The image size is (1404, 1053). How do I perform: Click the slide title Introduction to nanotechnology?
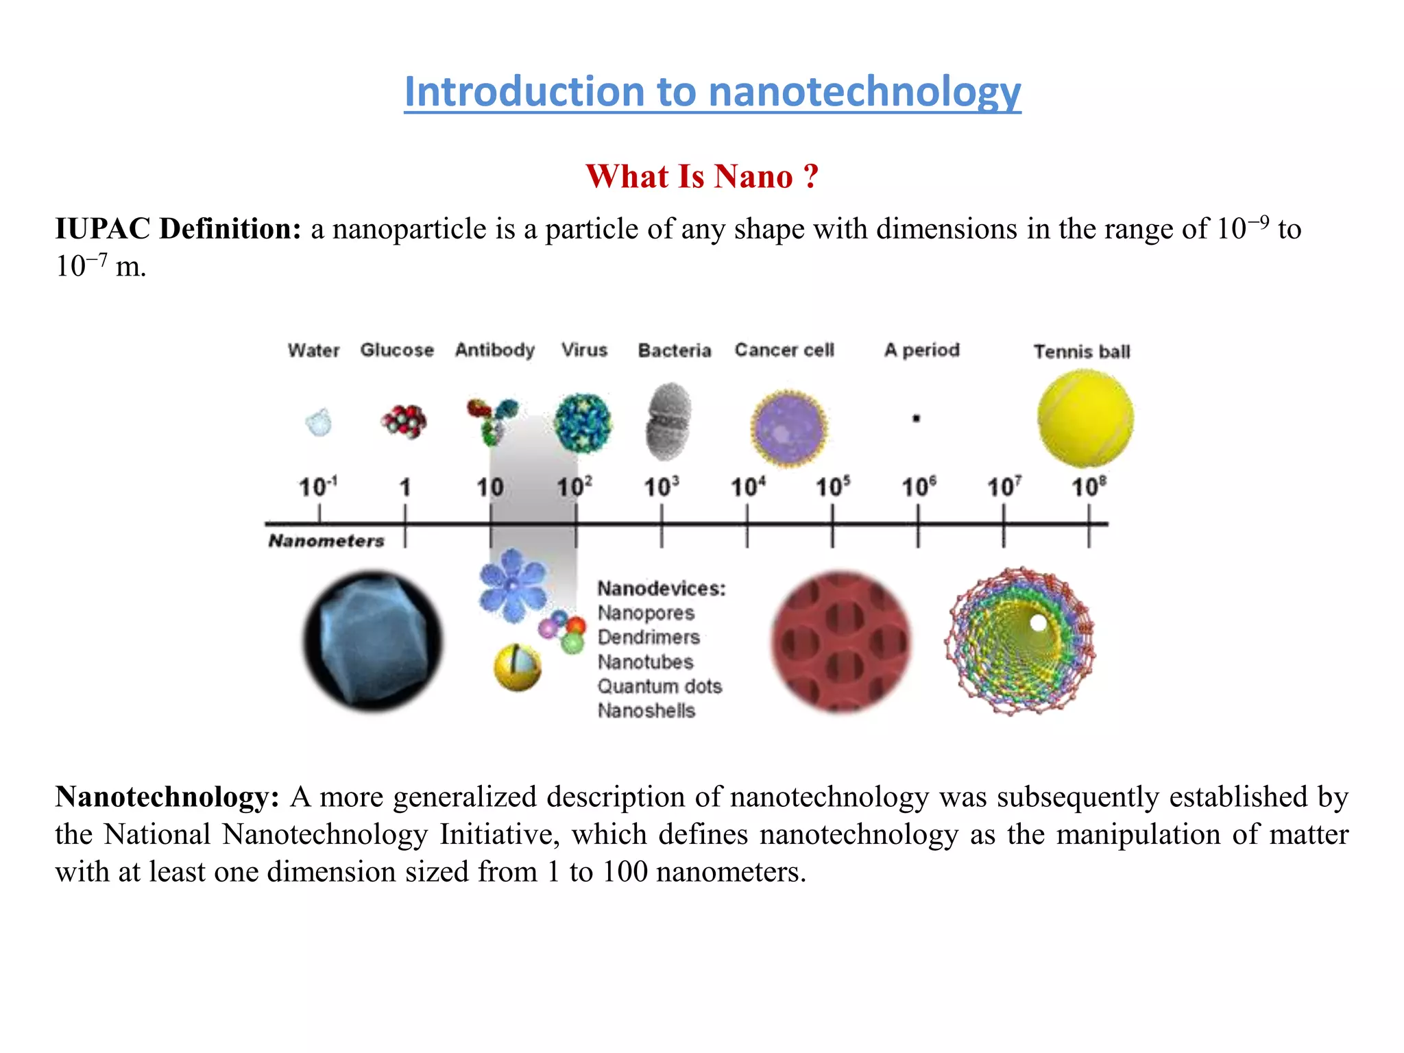[712, 91]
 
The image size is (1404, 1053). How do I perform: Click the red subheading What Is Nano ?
[702, 176]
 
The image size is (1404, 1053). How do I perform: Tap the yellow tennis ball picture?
[1085, 418]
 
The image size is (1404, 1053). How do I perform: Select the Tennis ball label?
[1081, 352]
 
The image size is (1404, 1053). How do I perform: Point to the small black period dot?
[916, 418]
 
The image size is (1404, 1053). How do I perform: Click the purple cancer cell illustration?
[788, 428]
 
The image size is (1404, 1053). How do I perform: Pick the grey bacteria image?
[668, 422]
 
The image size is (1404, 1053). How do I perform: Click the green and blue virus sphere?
[583, 422]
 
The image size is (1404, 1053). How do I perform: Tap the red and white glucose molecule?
[404, 421]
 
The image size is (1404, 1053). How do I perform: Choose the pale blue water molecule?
[318, 422]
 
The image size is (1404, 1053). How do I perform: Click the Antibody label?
[494, 350]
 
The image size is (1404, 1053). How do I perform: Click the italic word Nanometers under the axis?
[326, 541]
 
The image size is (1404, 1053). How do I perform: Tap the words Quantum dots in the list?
[659, 686]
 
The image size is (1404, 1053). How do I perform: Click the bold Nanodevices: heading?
[661, 588]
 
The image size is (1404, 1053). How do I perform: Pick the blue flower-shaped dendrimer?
[512, 585]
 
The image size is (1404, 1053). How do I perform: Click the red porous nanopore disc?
[841, 641]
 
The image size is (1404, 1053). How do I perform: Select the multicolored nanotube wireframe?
[1019, 641]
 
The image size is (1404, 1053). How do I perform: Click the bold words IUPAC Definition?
[178, 229]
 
